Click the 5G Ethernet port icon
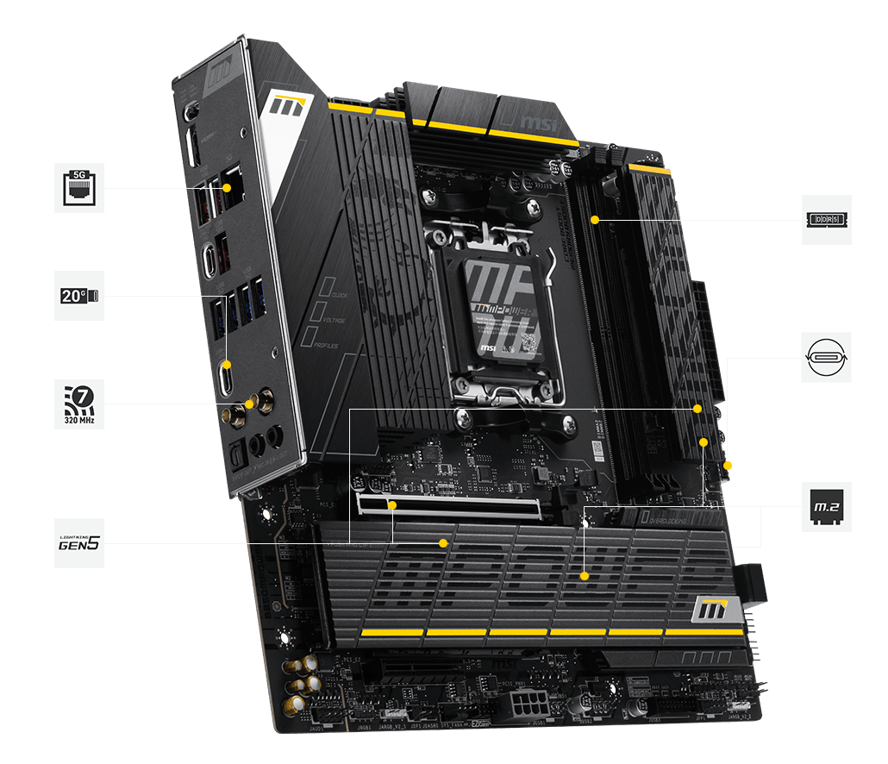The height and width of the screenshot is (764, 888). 79,187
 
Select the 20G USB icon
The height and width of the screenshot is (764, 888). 79,296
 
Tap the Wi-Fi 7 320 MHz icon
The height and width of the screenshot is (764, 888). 79,404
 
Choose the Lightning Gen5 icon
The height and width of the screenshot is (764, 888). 79,542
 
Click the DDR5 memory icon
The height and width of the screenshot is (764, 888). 826,220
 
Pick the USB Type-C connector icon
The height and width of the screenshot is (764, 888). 826,357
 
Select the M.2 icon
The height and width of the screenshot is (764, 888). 826,506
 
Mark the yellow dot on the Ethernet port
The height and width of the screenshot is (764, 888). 227,187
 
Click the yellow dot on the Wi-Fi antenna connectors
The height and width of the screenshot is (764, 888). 250,404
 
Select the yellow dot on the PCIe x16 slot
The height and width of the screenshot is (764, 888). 391,506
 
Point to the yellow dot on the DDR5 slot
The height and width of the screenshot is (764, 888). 595,220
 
